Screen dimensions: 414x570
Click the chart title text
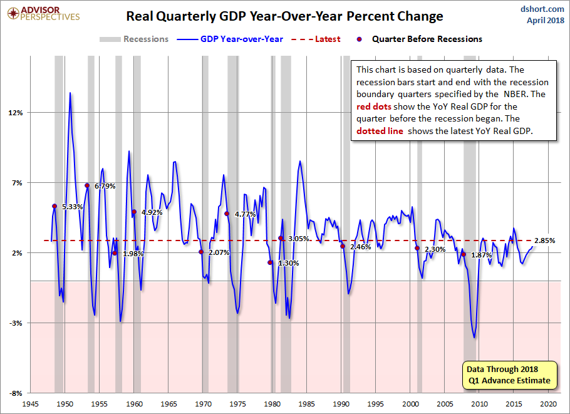284,16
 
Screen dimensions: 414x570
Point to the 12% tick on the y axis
15,113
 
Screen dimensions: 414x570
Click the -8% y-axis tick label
15,393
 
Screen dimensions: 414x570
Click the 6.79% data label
105,186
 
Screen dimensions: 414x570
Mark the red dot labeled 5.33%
54,206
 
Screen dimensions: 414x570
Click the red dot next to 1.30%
270,263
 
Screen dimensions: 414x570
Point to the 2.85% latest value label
544,241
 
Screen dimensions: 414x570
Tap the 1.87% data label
481,255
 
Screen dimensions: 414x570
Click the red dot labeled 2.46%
342,246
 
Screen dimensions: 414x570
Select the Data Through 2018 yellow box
508,375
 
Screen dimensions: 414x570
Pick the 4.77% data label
245,214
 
